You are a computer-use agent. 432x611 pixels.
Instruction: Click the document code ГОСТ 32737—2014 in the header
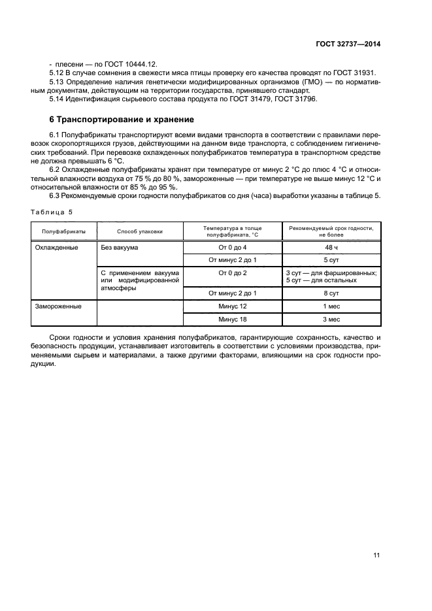click(x=346, y=44)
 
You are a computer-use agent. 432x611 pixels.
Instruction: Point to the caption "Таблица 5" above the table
click(x=54, y=212)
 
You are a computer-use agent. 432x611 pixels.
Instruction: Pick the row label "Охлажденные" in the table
click(x=57, y=248)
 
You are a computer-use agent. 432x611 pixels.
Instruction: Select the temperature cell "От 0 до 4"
click(x=232, y=248)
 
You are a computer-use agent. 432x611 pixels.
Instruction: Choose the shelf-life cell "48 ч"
click(x=331, y=248)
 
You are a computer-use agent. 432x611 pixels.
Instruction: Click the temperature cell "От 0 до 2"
click(x=232, y=272)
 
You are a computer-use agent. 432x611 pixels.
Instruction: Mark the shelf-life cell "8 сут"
click(x=331, y=293)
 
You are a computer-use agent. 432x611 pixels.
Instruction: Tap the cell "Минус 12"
click(x=232, y=306)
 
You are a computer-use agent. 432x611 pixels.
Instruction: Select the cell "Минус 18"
click(x=232, y=319)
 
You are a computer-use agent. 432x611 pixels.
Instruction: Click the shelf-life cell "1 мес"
click(x=331, y=306)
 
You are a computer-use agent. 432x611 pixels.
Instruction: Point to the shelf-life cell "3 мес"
click(x=331, y=319)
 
